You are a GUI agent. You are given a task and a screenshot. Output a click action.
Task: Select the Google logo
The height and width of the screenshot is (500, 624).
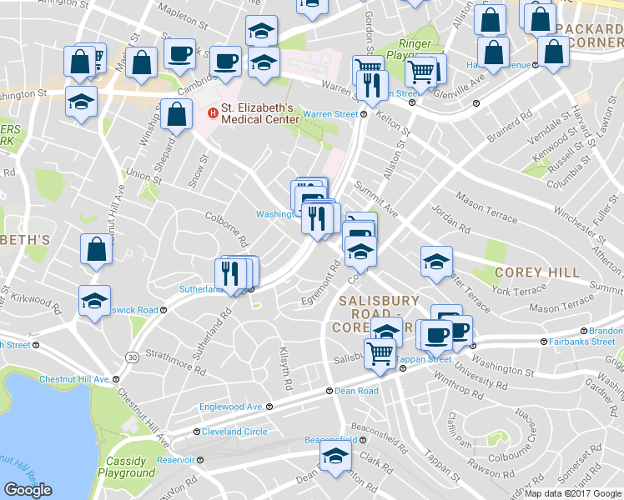(x=28, y=490)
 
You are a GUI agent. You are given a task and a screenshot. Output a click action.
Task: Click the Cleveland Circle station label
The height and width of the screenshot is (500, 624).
(x=234, y=432)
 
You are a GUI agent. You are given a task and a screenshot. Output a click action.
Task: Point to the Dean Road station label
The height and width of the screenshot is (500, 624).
(x=356, y=390)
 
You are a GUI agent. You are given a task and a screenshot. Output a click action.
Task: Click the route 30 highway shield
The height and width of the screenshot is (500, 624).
(x=132, y=357)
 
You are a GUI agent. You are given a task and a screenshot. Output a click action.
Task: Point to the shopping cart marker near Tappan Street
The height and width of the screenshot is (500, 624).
(x=380, y=352)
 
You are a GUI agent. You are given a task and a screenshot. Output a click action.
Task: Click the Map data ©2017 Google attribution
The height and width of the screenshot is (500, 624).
(x=573, y=492)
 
